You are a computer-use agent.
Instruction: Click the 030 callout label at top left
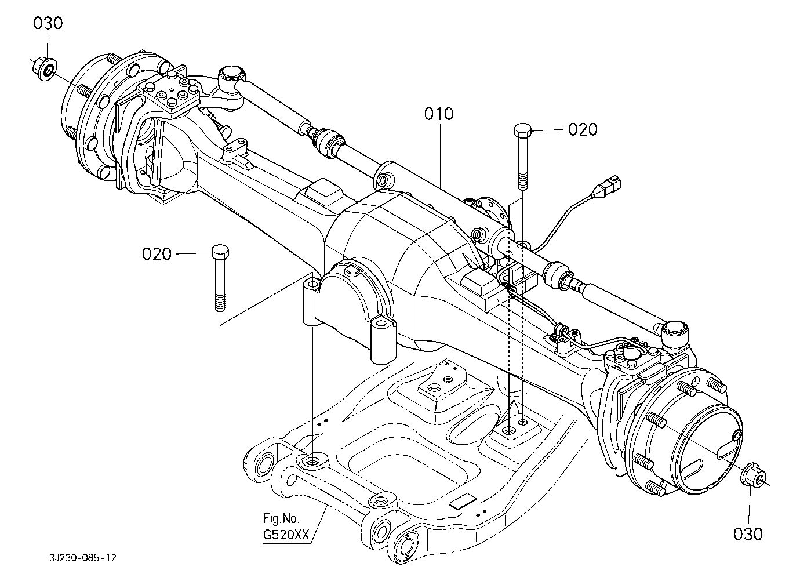coord(48,23)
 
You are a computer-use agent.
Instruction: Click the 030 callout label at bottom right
coord(748,534)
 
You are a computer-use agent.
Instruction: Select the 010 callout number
coord(439,114)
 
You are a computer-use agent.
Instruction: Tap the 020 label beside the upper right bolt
coord(583,129)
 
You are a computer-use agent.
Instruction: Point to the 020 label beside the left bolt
coord(157,254)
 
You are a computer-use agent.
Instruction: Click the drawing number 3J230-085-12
coord(83,558)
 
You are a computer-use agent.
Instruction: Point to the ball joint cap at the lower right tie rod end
coord(675,332)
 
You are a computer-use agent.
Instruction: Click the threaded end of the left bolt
coord(221,302)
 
